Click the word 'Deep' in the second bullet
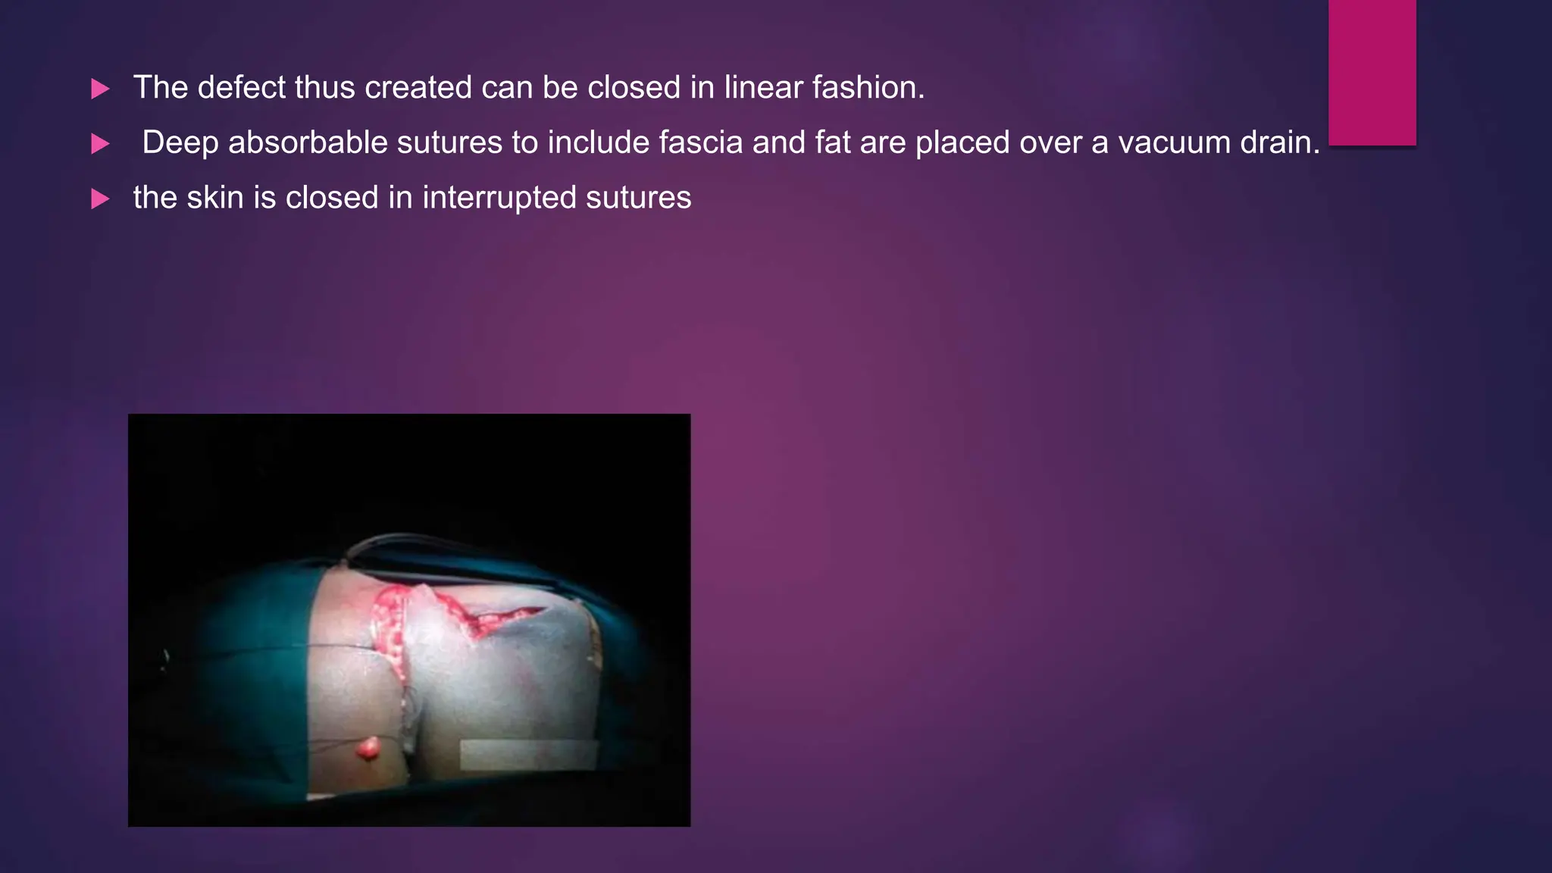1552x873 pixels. coord(180,143)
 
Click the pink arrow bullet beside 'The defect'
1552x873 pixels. coord(100,89)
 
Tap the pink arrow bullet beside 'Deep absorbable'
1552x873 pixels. coord(100,144)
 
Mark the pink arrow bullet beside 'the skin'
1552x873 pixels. coord(100,199)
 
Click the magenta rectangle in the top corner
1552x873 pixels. coord(1372,72)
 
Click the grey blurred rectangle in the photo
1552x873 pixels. coord(528,755)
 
